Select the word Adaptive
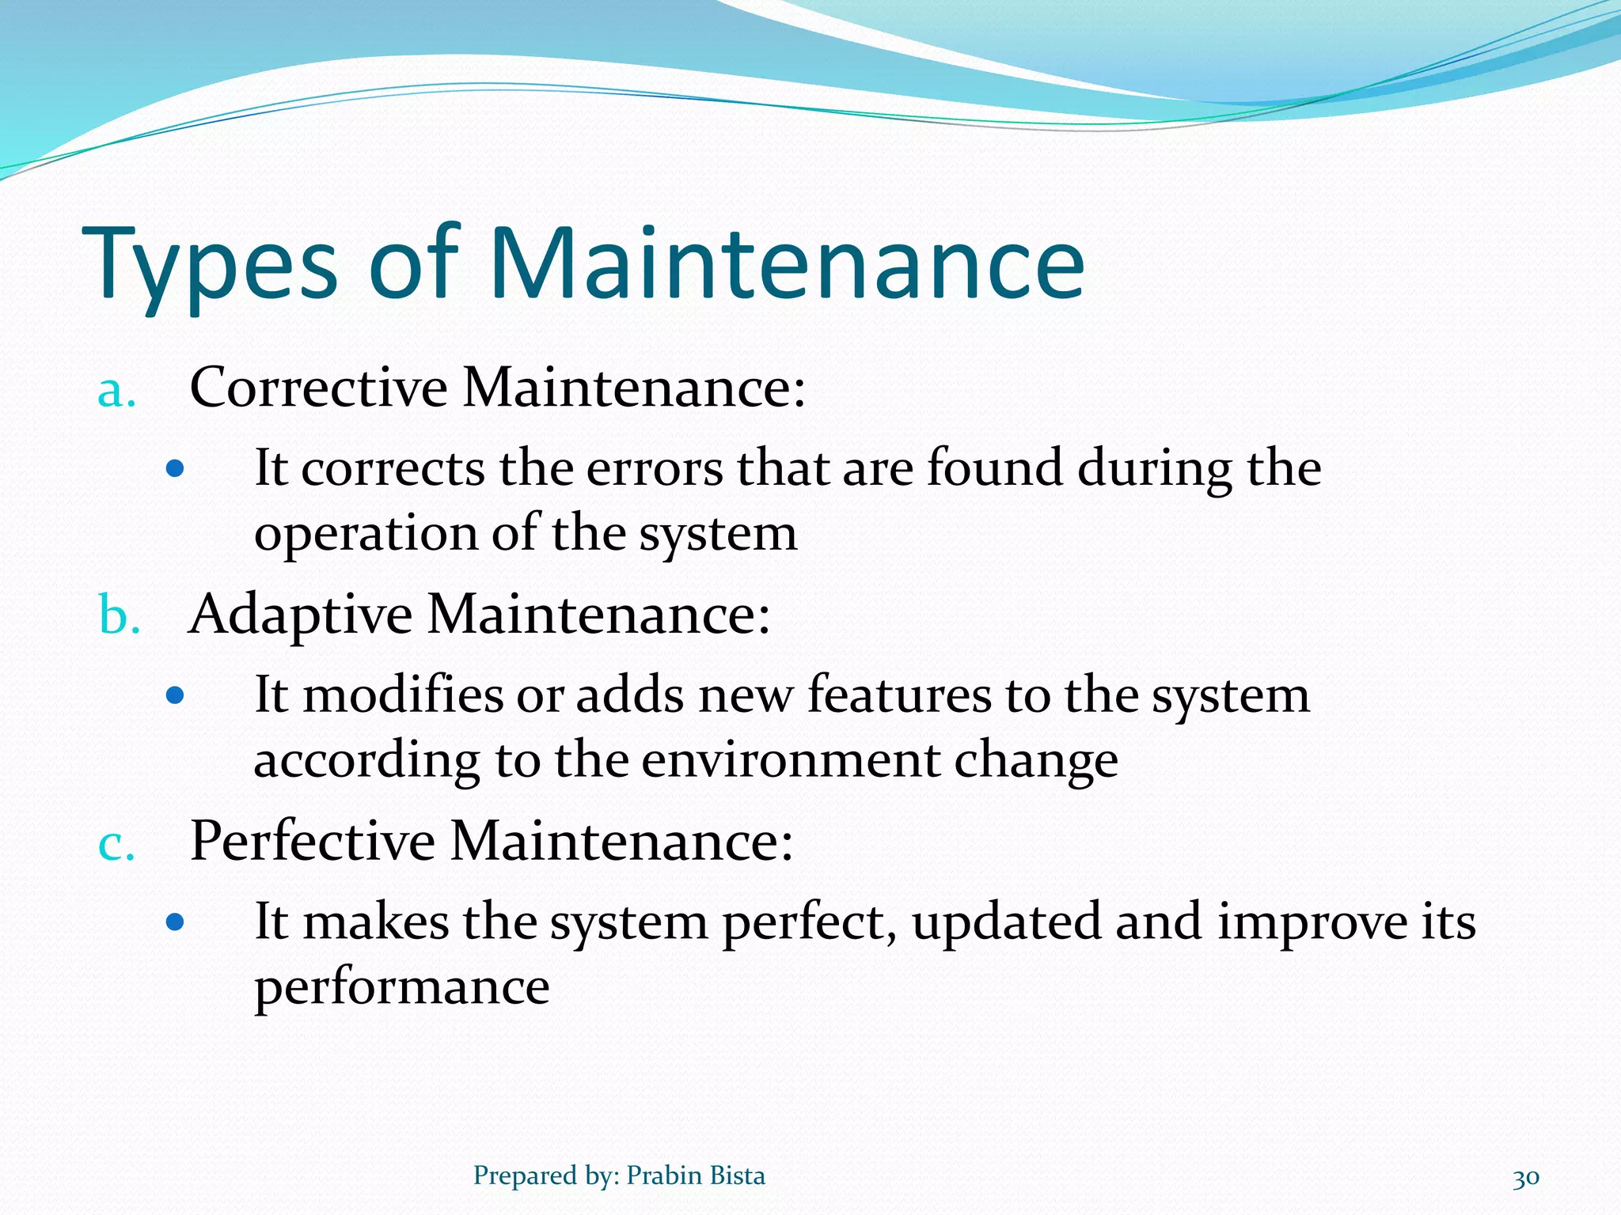(x=300, y=615)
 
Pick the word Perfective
(x=312, y=841)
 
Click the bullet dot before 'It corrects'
(x=175, y=470)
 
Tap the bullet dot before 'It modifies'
(x=175, y=696)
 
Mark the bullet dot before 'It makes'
(x=175, y=922)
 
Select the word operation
(x=365, y=535)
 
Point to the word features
(x=899, y=695)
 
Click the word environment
(x=791, y=760)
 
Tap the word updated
(x=1006, y=923)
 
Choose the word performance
(x=401, y=988)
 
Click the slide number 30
(x=1525, y=1178)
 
